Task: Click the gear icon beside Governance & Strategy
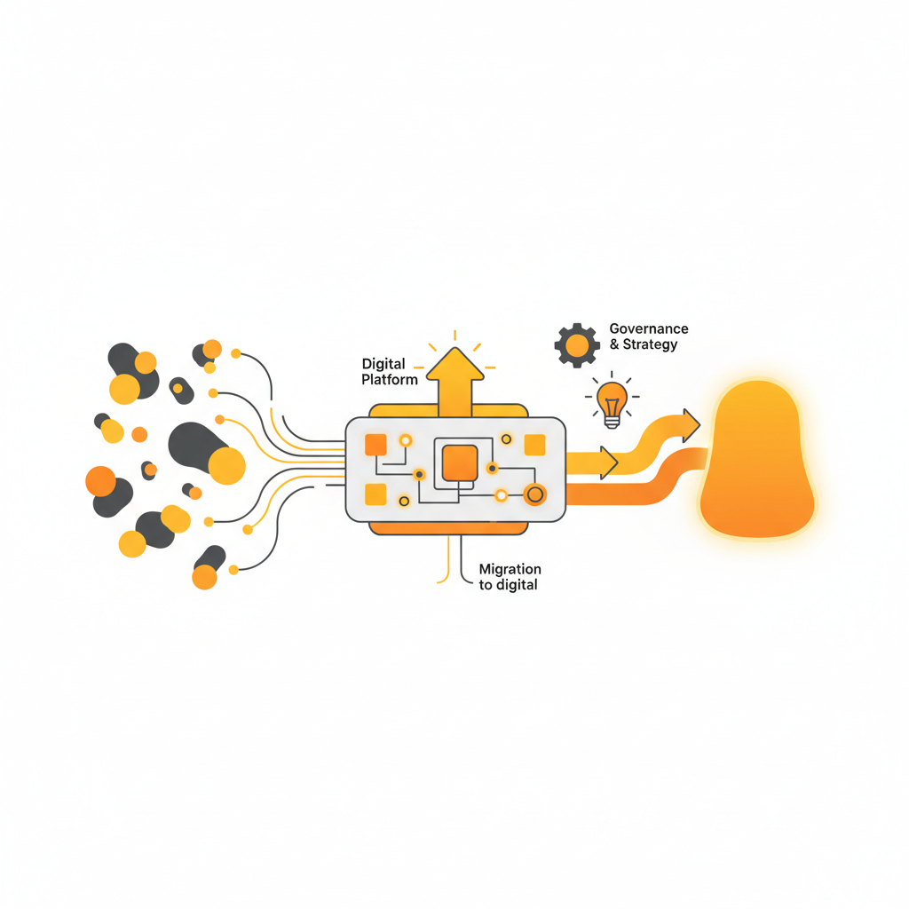pos(577,344)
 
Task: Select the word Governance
pos(648,329)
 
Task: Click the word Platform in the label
pos(390,379)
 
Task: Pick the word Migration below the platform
pos(510,569)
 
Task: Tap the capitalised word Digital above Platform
pos(383,364)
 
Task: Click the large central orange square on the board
pos(460,462)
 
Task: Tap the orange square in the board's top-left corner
pos(375,444)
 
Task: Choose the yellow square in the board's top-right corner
pos(534,445)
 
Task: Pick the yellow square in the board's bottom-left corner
pos(375,494)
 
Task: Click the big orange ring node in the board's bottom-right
pos(534,494)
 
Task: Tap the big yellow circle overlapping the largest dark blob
pos(226,465)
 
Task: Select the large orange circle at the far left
pos(100,481)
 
